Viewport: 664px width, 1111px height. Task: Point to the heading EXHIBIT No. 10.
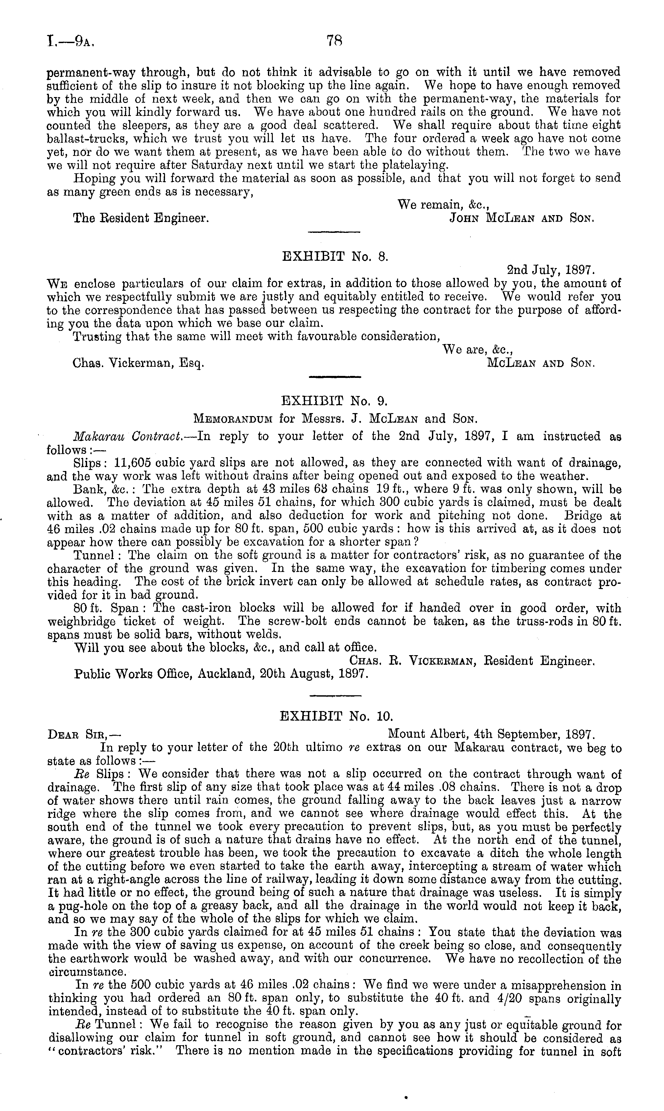click(x=336, y=717)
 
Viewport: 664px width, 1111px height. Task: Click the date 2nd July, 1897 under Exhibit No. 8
click(x=550, y=270)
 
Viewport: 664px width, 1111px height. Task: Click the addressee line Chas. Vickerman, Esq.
click(x=139, y=363)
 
